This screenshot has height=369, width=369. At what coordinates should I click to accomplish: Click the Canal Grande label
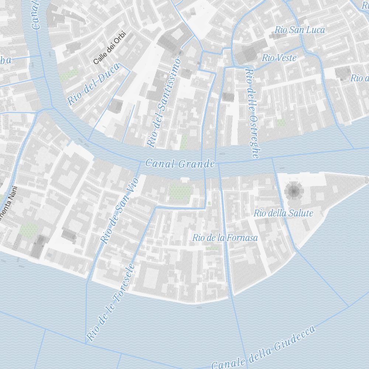(180, 163)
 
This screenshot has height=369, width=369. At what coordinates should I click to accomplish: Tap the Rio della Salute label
(283, 213)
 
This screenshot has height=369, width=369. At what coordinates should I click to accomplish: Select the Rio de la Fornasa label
(225, 238)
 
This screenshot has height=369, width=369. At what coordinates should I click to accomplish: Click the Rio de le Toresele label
(110, 303)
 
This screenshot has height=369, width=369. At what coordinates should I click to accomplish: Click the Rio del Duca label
(94, 84)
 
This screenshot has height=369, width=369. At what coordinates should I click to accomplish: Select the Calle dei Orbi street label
(110, 48)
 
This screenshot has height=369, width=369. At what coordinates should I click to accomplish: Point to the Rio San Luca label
(300, 30)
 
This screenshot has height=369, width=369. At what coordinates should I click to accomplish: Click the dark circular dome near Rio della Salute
(294, 191)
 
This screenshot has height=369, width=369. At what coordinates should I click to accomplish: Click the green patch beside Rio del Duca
(69, 75)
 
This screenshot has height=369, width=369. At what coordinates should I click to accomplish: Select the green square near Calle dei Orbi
(69, 75)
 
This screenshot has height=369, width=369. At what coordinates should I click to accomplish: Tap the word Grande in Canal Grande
(196, 163)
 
